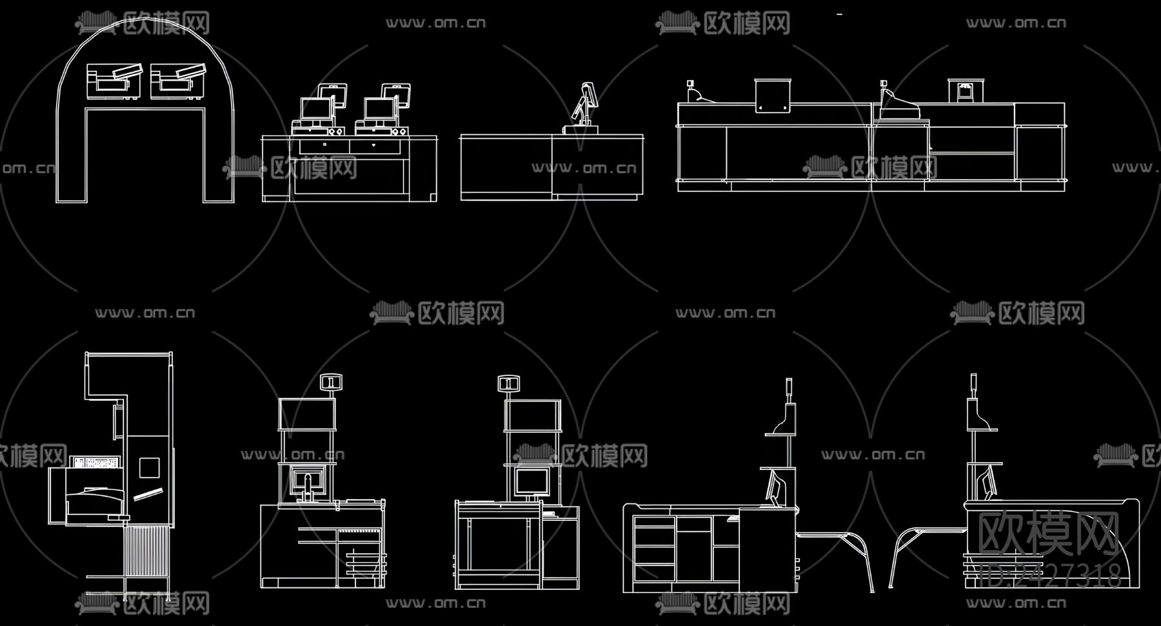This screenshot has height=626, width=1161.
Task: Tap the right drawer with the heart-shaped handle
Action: pos(373,146)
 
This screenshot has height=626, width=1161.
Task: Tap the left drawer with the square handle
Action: pos(324,146)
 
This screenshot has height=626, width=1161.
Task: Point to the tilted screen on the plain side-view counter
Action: pos(588,97)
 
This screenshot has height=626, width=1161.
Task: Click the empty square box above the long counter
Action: pos(773,95)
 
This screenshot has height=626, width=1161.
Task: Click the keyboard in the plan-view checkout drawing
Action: pos(96,462)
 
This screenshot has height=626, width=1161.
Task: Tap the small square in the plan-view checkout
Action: pos(149,467)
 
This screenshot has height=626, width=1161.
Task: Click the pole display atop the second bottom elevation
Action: pos(332,383)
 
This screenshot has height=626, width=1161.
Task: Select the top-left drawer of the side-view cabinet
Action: pos(654,522)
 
